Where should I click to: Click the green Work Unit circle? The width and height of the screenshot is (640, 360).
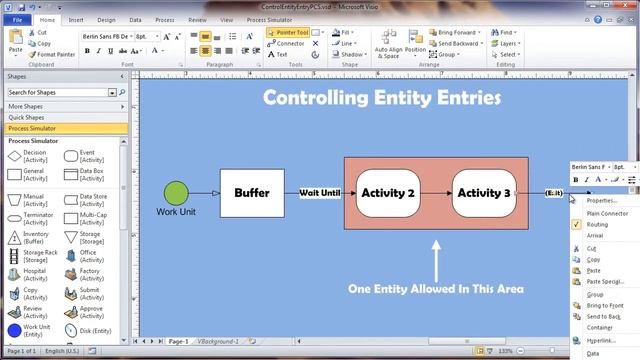(176, 193)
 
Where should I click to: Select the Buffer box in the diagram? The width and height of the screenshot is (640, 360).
(251, 193)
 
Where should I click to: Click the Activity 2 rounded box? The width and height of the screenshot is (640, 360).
(387, 193)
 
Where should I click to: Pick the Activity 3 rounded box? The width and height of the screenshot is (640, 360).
(484, 193)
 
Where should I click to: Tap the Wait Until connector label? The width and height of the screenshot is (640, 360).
(320, 193)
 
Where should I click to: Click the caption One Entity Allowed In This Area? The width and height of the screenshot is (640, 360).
(435, 289)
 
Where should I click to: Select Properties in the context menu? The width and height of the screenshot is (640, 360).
(602, 201)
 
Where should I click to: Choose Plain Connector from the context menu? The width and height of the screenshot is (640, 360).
(607, 213)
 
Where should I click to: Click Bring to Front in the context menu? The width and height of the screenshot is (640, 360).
(604, 304)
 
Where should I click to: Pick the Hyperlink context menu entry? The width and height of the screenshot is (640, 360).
(602, 341)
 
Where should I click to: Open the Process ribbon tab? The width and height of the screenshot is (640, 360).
(164, 19)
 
